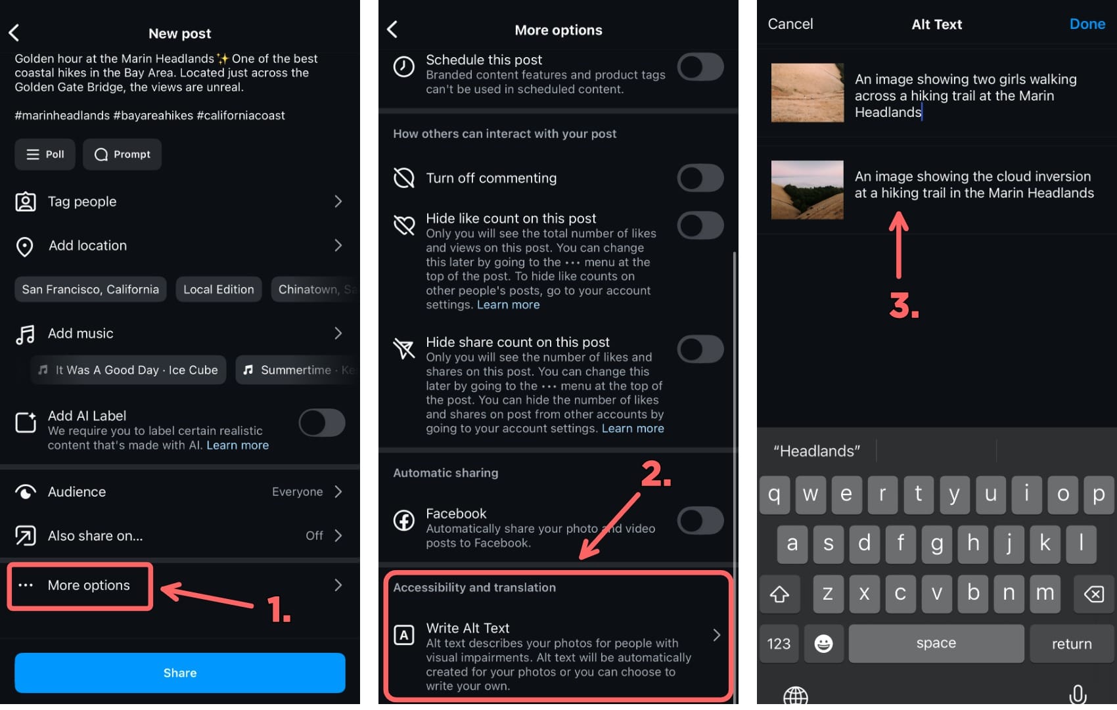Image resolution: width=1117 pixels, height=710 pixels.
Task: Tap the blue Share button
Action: coord(179,673)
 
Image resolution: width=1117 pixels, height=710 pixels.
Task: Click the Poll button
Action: coord(45,154)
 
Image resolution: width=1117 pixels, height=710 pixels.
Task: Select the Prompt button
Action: coord(122,154)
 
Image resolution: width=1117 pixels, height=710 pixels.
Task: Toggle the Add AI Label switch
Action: coord(321,423)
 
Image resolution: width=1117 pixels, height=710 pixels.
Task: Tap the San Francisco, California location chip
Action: coord(90,290)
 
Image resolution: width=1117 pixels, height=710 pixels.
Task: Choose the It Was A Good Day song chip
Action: coord(129,370)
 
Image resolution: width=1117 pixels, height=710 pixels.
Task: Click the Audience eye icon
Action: coord(26,492)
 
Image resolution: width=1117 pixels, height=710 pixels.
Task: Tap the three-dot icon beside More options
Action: coord(26,585)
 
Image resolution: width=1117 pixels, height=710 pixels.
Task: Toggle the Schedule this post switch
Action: coord(700,67)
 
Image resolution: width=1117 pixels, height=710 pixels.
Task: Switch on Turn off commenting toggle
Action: coord(700,178)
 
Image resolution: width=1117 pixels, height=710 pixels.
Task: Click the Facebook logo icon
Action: coord(403,521)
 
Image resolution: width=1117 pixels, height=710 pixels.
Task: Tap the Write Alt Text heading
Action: coord(467,628)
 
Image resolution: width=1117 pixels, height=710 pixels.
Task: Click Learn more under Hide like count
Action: coord(508,305)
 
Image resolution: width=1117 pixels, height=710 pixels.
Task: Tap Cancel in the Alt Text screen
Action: coord(790,24)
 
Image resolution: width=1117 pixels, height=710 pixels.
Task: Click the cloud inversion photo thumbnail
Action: coord(807,190)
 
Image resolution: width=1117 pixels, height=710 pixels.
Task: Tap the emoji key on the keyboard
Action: coord(823,644)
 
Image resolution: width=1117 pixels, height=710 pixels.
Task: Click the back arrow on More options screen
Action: coord(392,30)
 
